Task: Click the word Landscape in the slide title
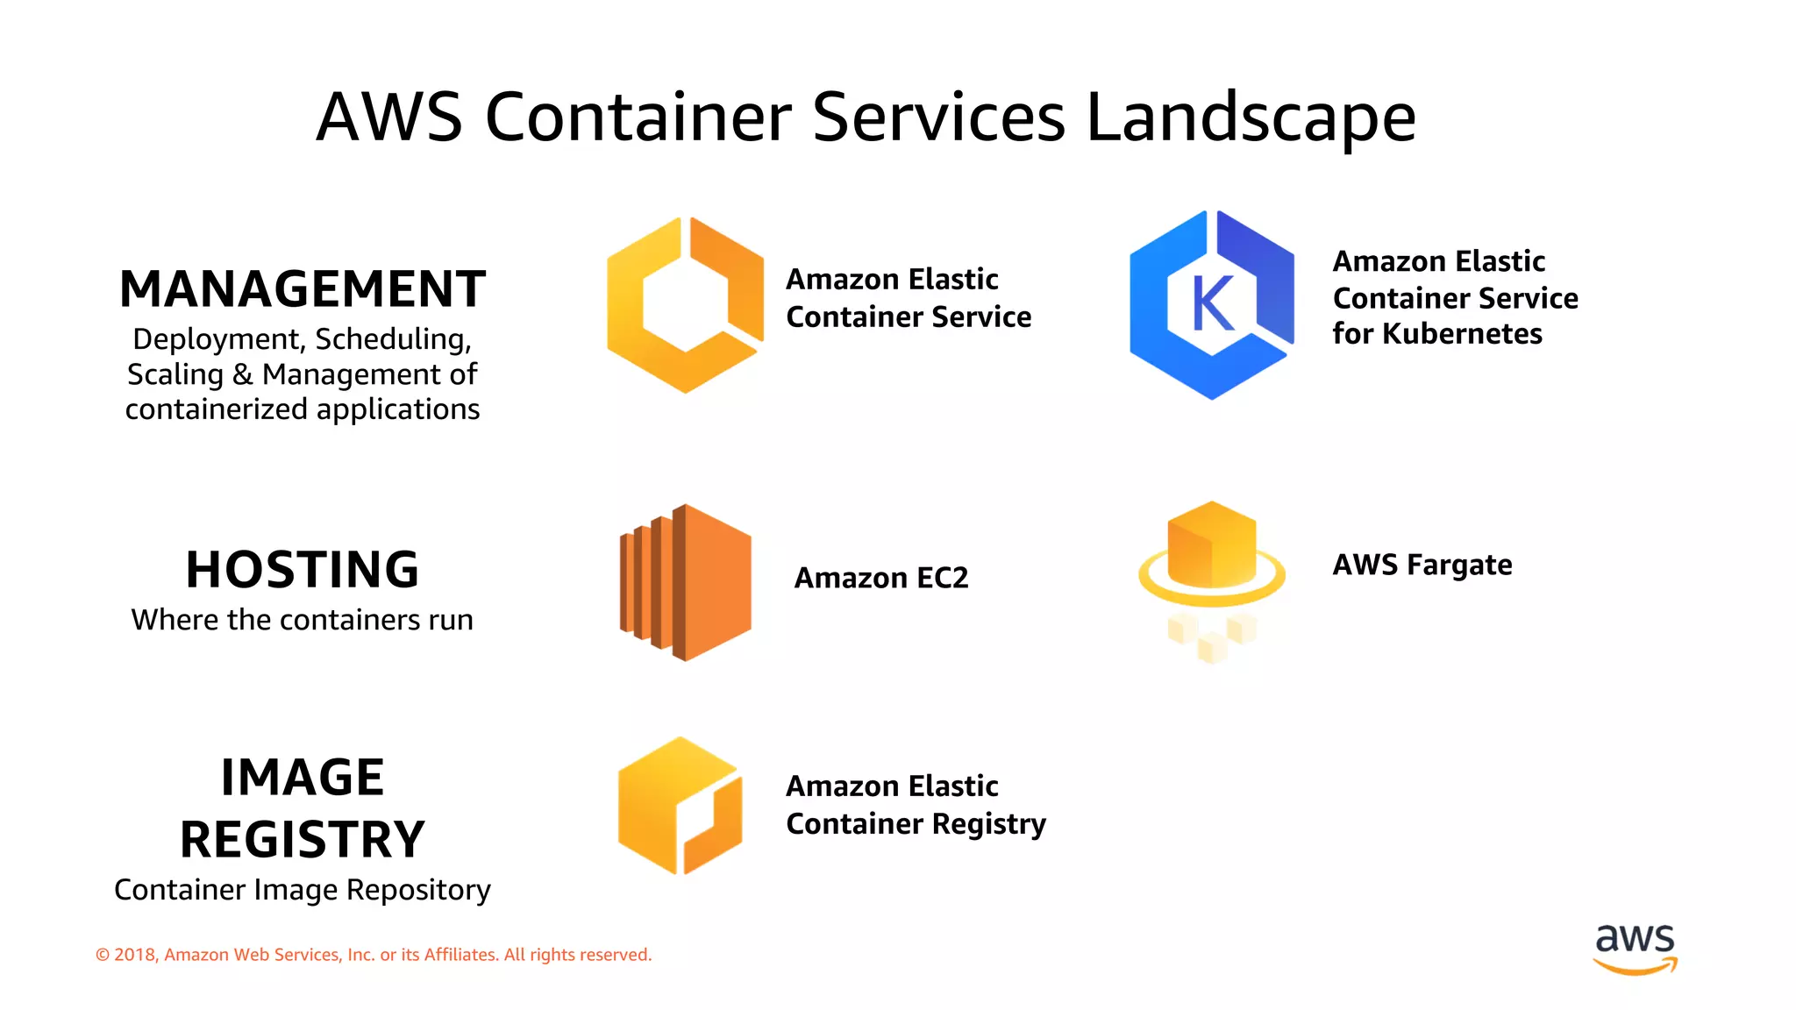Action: (x=1251, y=117)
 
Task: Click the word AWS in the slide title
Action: (x=389, y=117)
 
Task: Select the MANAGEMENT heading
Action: (x=303, y=289)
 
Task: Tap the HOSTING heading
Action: (x=303, y=570)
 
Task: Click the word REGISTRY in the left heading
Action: (x=303, y=839)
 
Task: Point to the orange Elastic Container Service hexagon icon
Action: (x=685, y=305)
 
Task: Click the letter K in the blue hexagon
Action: (x=1213, y=305)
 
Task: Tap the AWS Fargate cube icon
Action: (x=1212, y=548)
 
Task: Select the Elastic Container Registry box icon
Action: (x=680, y=805)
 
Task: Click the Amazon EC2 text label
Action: (x=881, y=578)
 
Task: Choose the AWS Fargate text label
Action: (x=1422, y=565)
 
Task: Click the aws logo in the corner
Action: (x=1636, y=947)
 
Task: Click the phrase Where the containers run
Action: (x=303, y=620)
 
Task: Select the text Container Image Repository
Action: (x=303, y=890)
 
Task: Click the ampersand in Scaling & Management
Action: (x=243, y=374)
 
